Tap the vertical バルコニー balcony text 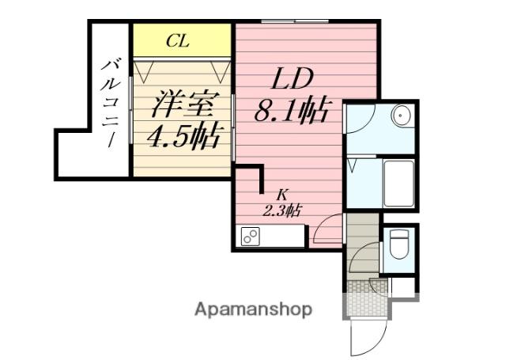coord(109,100)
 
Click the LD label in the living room coord(295,80)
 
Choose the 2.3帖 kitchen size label coord(282,210)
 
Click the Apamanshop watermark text coord(254,309)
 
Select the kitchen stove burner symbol coord(251,236)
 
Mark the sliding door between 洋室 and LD coord(234,127)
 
